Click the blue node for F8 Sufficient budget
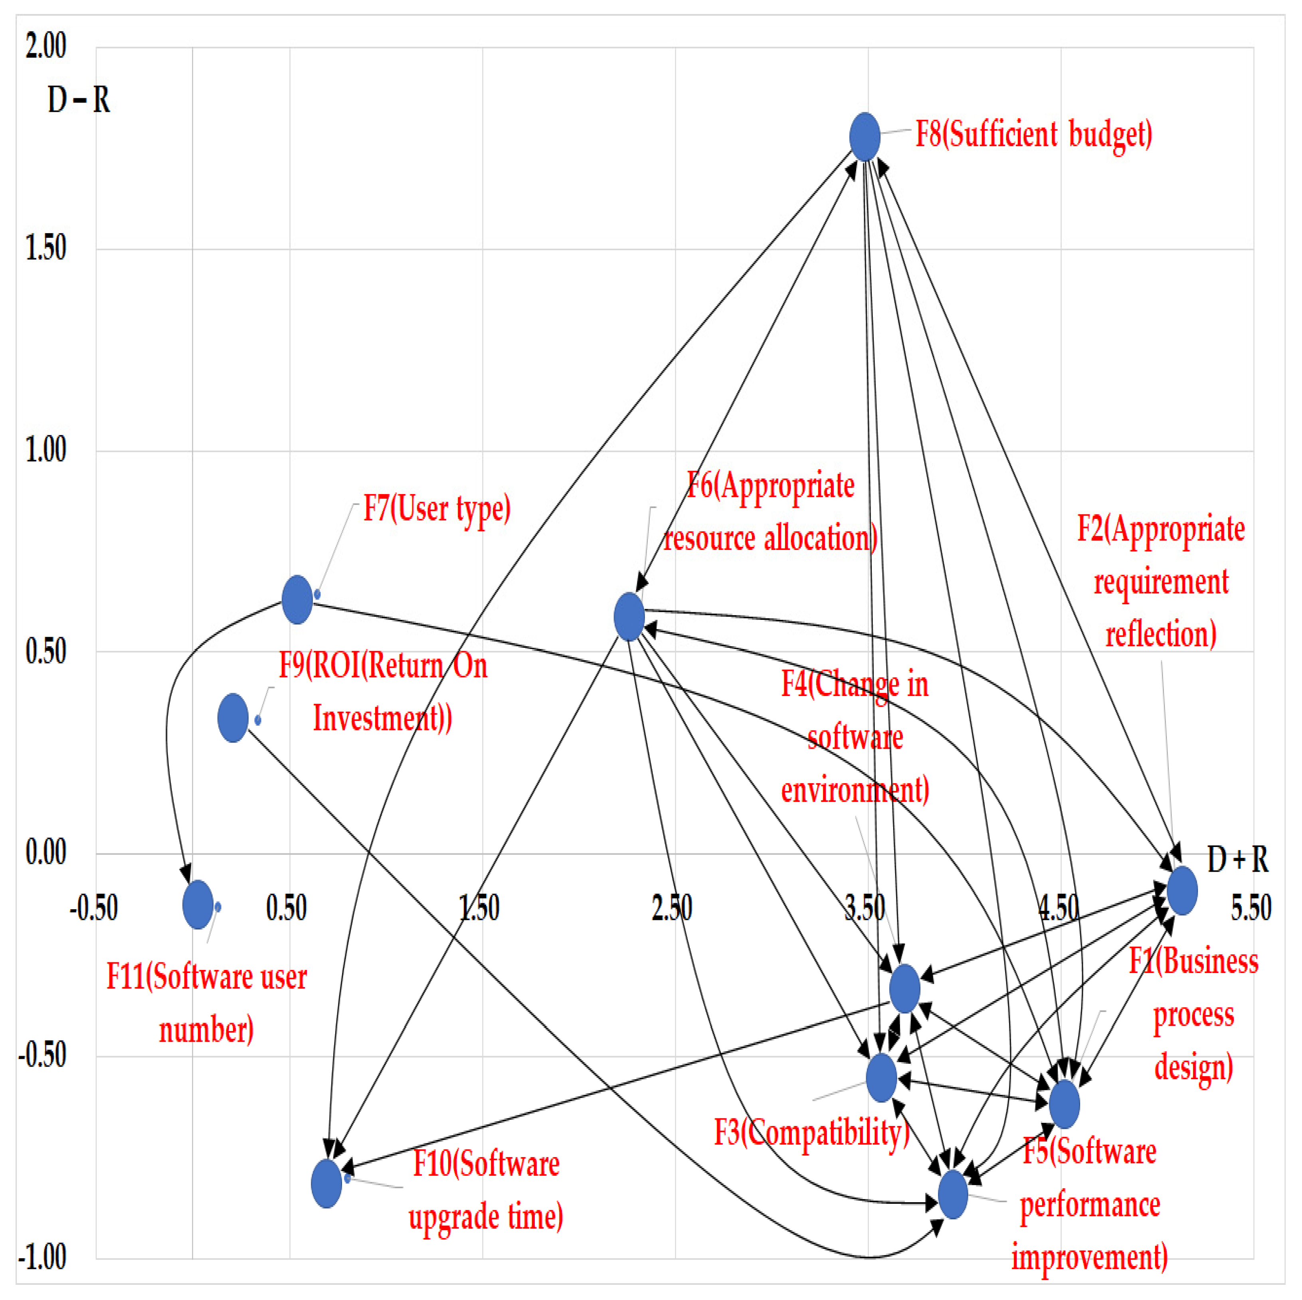[864, 137]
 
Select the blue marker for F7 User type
[297, 599]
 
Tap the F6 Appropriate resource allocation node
[629, 617]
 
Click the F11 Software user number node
[198, 904]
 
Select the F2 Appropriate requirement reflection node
[1182, 890]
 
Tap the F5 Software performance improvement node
[953, 1194]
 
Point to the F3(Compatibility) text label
[811, 1132]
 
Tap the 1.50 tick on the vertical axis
[46, 248]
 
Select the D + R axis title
[1237, 860]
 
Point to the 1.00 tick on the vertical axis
[46, 449]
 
